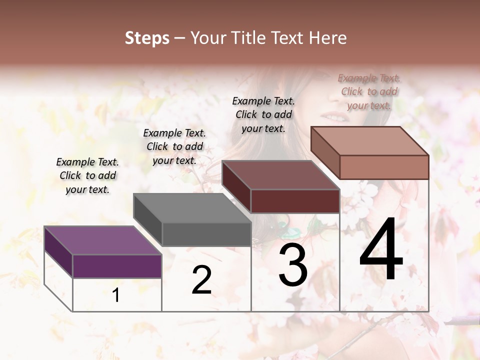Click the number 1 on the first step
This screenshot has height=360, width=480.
116,295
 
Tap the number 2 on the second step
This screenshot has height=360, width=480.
201,280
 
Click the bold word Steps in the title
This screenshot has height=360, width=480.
147,38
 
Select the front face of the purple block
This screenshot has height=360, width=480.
117,266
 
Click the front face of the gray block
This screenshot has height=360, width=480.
206,234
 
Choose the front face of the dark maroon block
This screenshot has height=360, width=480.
295,201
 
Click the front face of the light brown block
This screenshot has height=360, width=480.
384,166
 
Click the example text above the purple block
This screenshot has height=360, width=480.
87,175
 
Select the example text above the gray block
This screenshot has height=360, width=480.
174,146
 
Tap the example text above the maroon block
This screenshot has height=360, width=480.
263,114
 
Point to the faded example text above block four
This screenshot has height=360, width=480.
369,91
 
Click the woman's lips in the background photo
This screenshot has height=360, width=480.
336,118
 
